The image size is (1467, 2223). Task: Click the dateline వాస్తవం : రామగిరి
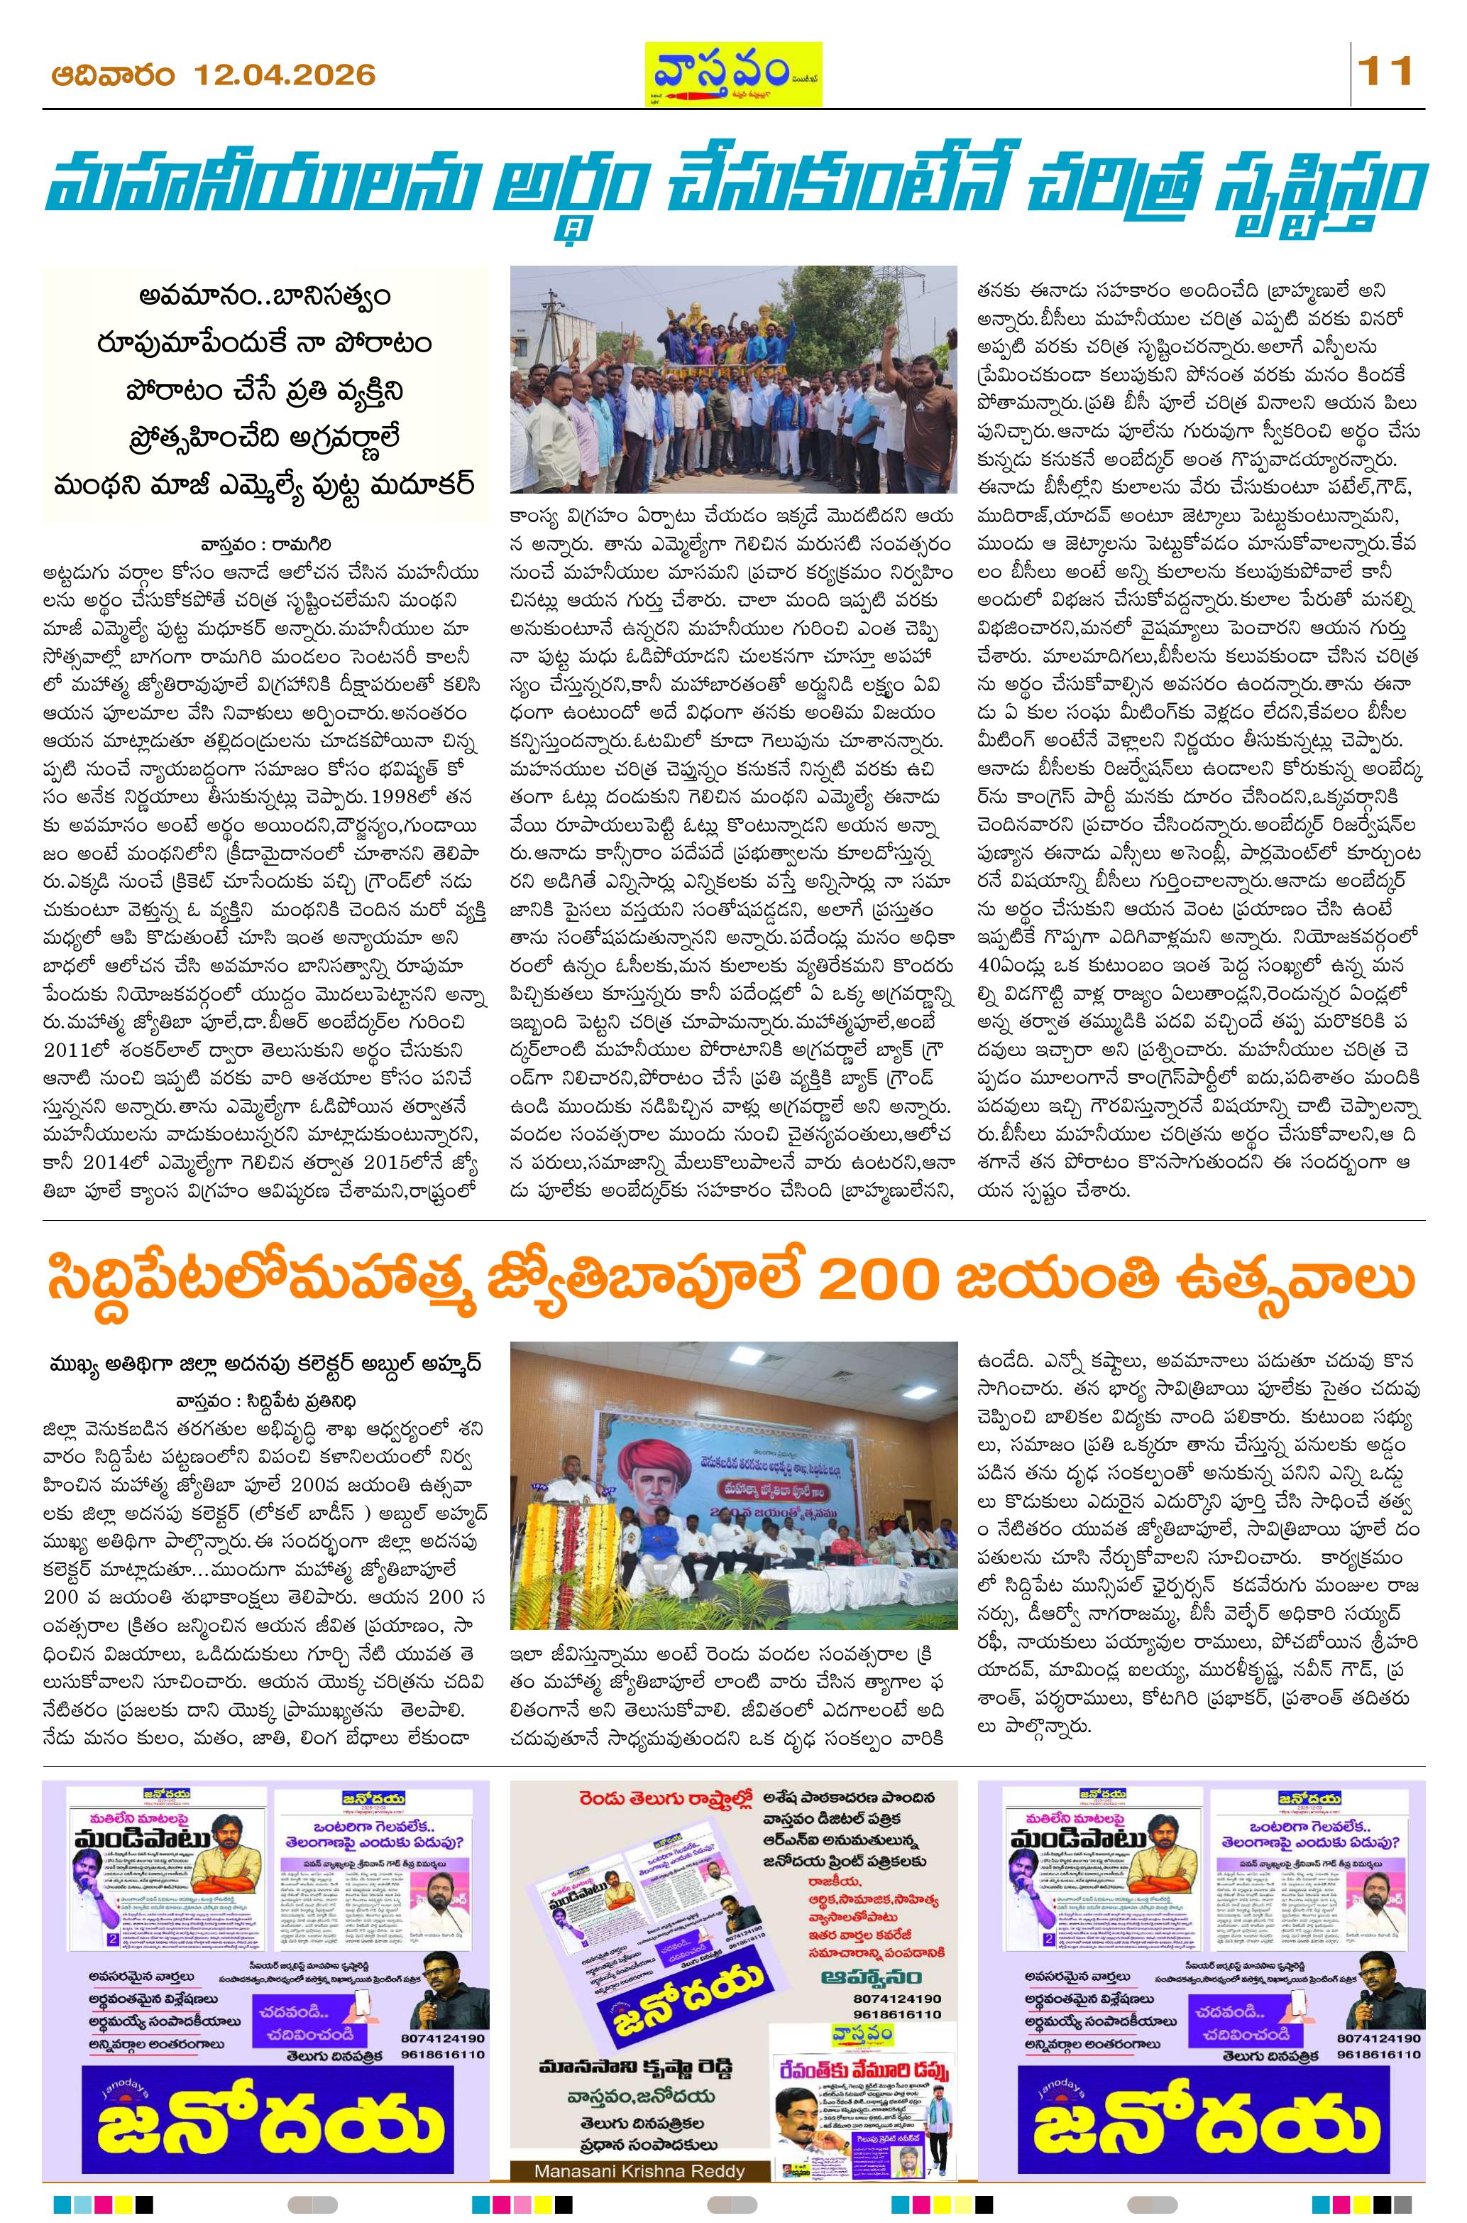265,544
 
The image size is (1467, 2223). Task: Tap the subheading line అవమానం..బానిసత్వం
265,295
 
